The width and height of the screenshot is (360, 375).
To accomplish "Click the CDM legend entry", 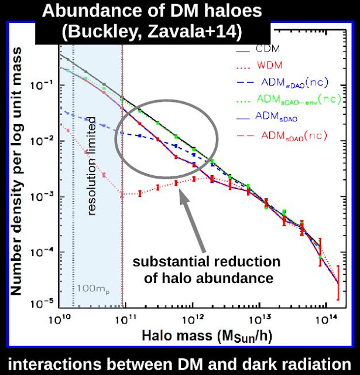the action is pos(258,49).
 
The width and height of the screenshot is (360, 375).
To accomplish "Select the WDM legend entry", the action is pos(259,65).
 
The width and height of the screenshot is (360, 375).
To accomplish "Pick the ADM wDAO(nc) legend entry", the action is pos(282,83).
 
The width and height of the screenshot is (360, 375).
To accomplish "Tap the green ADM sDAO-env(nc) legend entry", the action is pos(289,100).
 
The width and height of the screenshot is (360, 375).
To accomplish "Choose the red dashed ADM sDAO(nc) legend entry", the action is pos(282,136).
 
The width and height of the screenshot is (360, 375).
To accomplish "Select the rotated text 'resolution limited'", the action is pos(91,166).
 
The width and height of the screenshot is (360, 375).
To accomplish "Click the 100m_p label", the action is pos(93,289).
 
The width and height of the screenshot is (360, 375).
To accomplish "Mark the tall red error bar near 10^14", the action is pos(338,282).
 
